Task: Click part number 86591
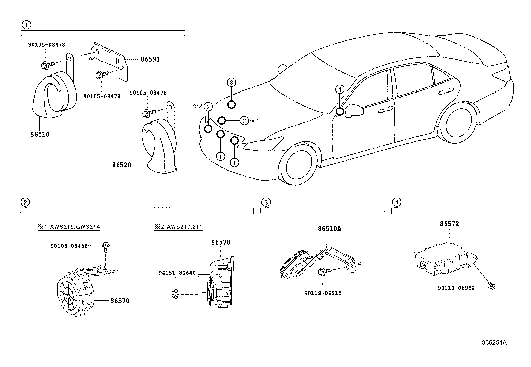pyautogui.click(x=150, y=59)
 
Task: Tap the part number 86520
pyautogui.click(x=122, y=165)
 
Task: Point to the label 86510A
pyautogui.click(x=329, y=229)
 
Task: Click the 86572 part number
pyautogui.click(x=449, y=224)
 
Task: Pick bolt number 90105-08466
pyautogui.click(x=69, y=246)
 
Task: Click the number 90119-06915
pyautogui.click(x=323, y=293)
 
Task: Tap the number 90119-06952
pyautogui.click(x=456, y=288)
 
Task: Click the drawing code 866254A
pyautogui.click(x=494, y=343)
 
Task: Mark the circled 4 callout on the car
pyautogui.click(x=339, y=89)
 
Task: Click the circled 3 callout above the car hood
pyautogui.click(x=232, y=82)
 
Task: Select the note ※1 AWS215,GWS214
pyautogui.click(x=69, y=227)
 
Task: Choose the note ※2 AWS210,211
pyautogui.click(x=178, y=227)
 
